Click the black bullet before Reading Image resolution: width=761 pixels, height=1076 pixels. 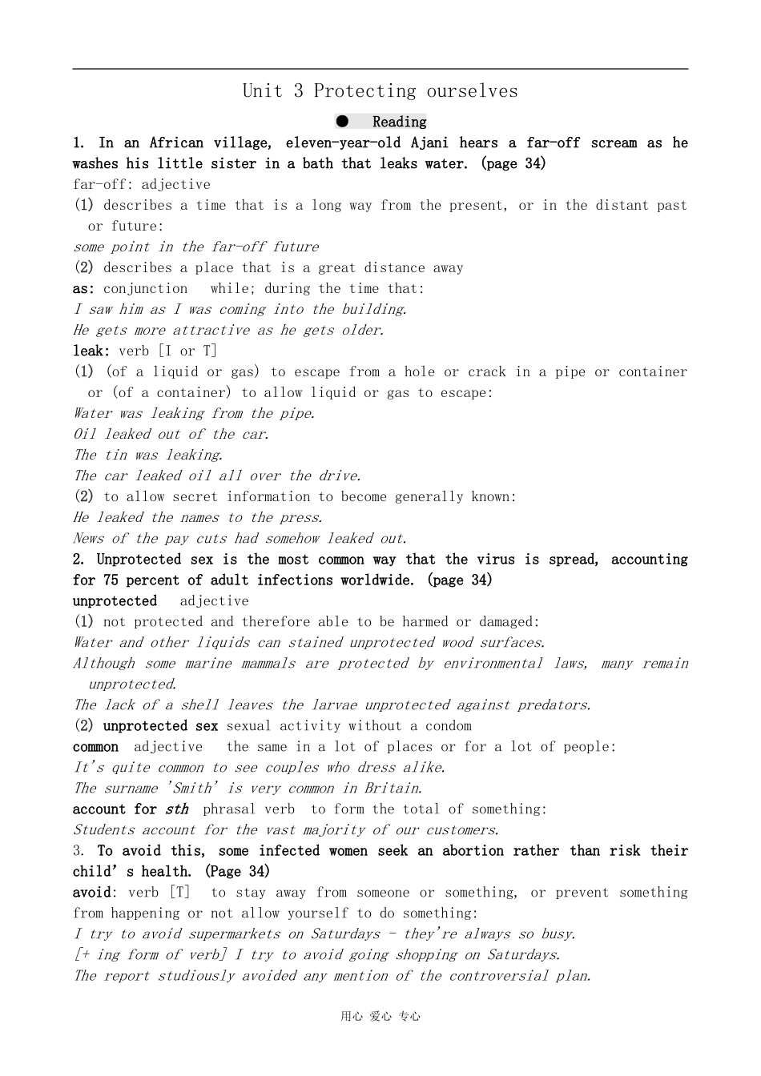(343, 122)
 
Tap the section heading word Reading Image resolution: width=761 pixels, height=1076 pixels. (399, 122)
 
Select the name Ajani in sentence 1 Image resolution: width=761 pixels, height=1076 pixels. (429, 143)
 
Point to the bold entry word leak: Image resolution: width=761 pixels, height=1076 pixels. (91, 351)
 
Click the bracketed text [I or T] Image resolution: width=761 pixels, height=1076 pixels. (187, 351)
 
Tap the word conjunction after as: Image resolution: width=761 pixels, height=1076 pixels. (145, 288)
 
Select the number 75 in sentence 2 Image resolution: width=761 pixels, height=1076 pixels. (111, 580)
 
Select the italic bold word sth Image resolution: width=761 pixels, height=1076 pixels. (177, 809)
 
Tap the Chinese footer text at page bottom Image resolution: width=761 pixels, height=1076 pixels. (380, 1017)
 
